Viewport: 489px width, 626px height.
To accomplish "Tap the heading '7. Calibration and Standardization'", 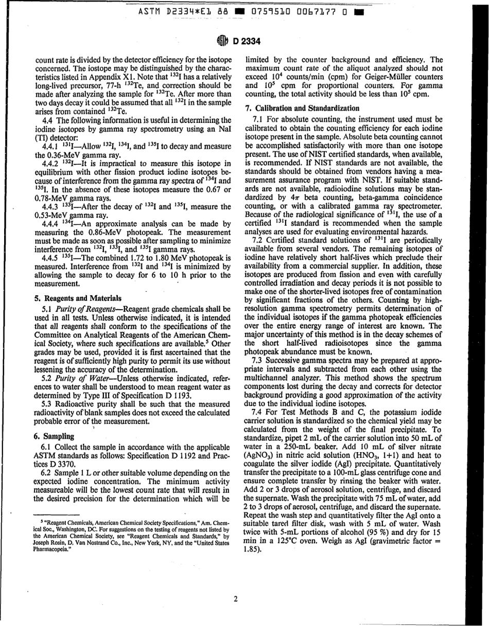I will tap(302, 108).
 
